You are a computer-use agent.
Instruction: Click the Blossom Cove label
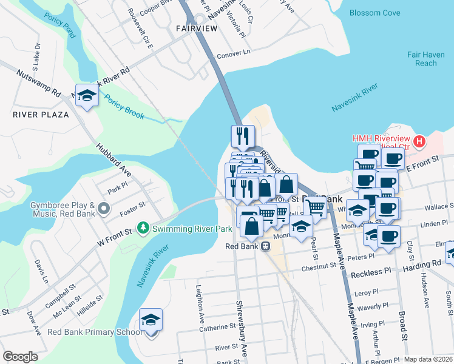[x=374, y=12]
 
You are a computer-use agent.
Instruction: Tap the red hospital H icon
[x=419, y=143]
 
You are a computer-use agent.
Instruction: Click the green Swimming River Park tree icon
[x=143, y=229]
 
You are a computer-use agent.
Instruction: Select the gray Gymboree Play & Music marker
[x=103, y=209]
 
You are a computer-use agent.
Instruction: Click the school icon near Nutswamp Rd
[x=87, y=96]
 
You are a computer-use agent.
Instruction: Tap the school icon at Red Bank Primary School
[x=151, y=320]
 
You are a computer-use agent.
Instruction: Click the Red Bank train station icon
[x=265, y=246]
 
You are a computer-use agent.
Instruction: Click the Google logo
[x=20, y=357]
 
